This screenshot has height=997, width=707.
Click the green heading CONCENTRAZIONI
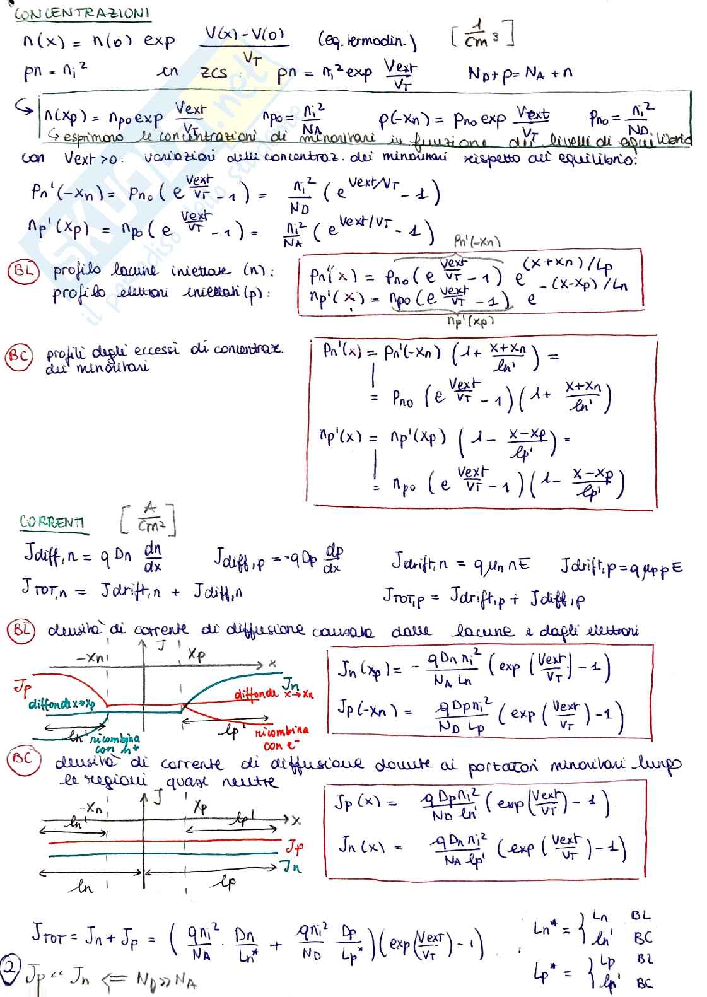[x=82, y=13]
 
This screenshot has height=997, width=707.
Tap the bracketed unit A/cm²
[x=148, y=518]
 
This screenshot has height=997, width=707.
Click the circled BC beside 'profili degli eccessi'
[x=18, y=358]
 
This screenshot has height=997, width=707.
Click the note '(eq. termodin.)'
[x=367, y=42]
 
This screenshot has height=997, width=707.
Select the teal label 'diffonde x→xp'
[x=61, y=704]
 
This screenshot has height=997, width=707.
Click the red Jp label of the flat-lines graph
[x=294, y=845]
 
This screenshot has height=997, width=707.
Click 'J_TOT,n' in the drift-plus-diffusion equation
[x=47, y=590]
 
